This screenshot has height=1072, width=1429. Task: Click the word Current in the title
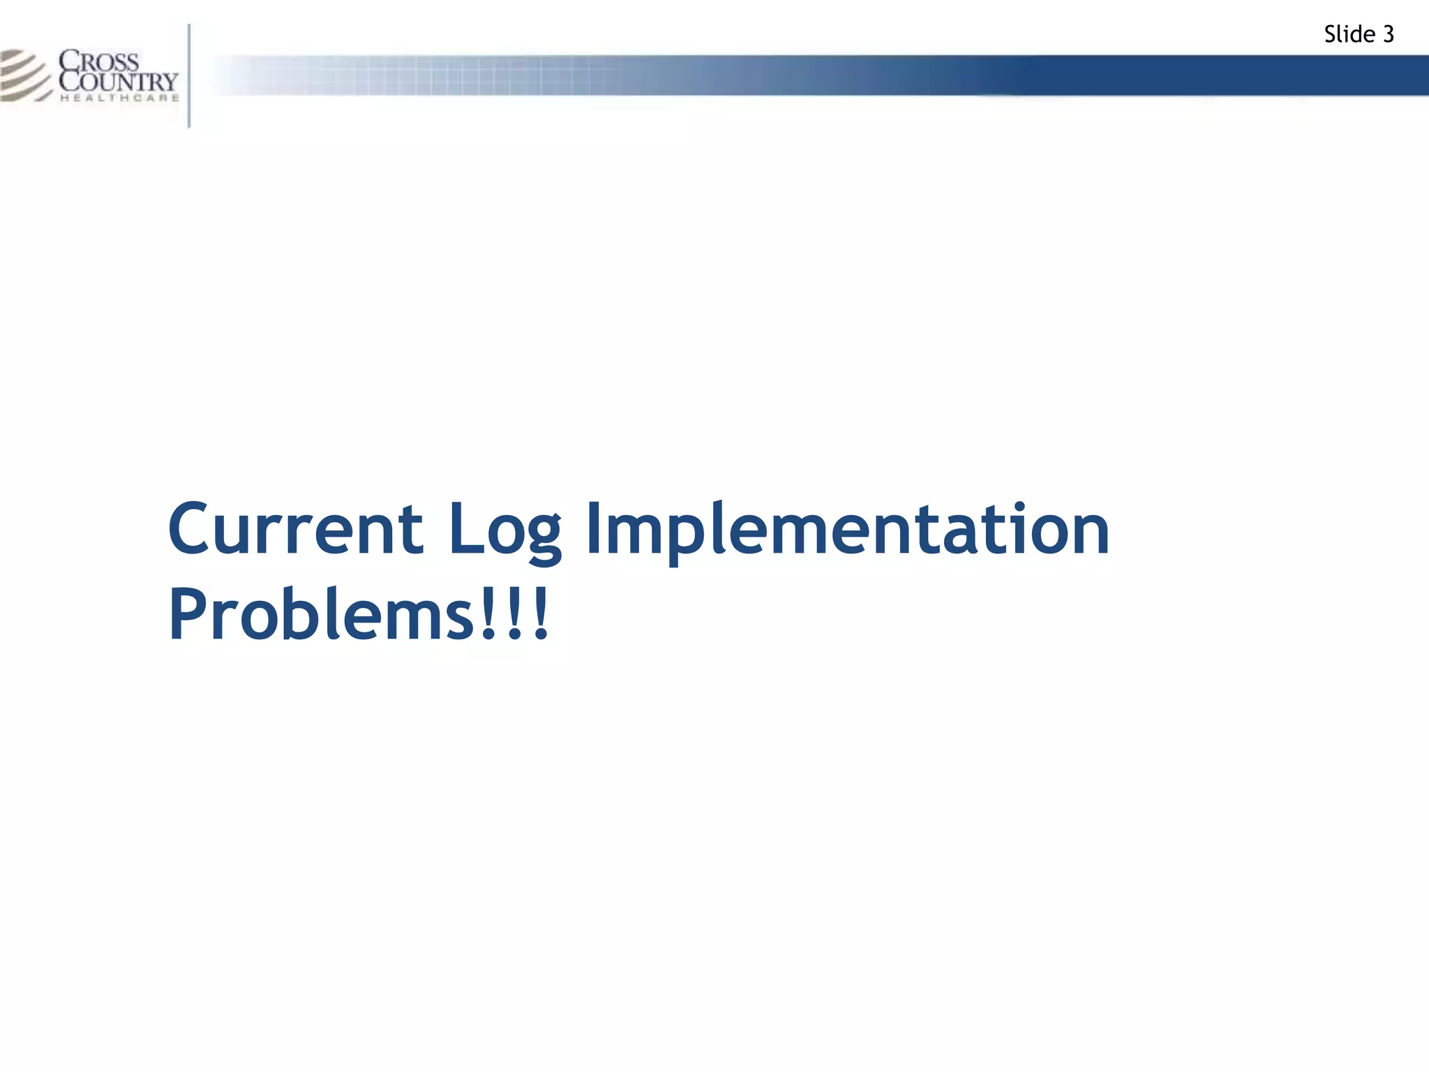point(295,530)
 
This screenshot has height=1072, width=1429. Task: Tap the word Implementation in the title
point(847,530)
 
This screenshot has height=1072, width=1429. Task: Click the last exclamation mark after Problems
point(540,614)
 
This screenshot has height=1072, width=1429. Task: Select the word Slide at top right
point(1349,34)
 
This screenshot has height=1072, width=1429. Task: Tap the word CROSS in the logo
point(99,61)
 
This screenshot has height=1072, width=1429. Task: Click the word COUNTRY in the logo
point(119,81)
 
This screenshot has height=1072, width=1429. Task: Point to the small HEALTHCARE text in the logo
point(119,98)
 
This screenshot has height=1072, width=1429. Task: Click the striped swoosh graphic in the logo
point(24,75)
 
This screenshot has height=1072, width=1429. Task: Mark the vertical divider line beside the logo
point(189,75)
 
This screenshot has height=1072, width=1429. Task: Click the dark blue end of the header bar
point(1291,75)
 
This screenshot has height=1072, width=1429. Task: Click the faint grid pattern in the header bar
point(419,75)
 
